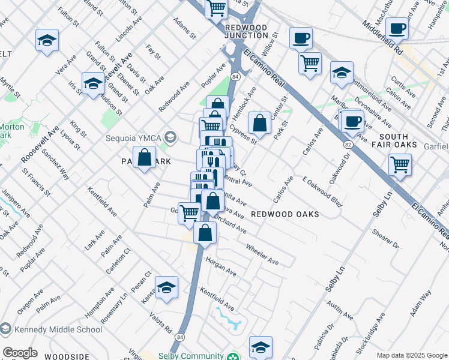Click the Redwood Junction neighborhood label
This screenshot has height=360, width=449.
[246, 32]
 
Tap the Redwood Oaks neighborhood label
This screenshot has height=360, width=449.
[284, 214]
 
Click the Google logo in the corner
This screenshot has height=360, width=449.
[20, 353]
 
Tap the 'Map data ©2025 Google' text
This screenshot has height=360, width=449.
[411, 355]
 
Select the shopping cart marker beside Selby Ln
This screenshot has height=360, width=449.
[400, 163]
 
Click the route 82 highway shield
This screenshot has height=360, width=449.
[348, 145]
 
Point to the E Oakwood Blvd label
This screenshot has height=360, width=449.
[322, 192]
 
